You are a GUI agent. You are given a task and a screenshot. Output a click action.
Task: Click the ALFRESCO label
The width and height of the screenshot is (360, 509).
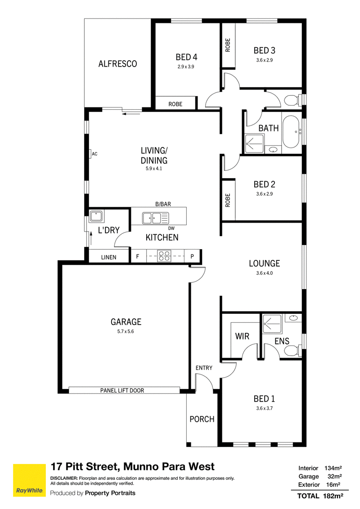[x=117, y=64]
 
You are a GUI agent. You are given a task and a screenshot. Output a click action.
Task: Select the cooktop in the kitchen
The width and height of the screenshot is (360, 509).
[x=164, y=256]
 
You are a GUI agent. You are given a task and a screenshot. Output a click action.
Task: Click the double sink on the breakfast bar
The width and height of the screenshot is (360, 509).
[x=155, y=218]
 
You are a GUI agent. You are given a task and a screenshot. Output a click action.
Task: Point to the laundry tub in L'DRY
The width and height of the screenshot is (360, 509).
[x=96, y=216]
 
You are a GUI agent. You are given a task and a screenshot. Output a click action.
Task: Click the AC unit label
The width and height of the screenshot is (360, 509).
[x=94, y=154]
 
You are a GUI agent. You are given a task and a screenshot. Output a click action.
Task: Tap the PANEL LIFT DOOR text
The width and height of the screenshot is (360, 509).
[x=122, y=390]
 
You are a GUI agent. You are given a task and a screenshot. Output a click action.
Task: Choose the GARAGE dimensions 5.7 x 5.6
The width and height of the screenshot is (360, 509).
[x=126, y=331]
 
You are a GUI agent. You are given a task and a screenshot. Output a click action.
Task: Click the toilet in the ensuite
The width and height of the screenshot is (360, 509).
[x=293, y=351]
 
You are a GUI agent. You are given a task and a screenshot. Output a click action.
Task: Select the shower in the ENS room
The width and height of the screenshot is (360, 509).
[x=271, y=324]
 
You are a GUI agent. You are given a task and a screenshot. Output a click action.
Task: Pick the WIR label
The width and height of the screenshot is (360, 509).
[x=242, y=336]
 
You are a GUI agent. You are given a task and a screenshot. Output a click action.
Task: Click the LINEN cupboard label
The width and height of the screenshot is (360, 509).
[x=108, y=257]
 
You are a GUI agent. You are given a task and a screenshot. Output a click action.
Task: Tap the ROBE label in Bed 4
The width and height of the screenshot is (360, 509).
[x=175, y=104]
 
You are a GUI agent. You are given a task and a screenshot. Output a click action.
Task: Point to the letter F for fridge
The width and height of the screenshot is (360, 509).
[x=137, y=256]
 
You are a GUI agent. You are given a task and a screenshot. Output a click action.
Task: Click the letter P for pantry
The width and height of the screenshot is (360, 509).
[x=192, y=256]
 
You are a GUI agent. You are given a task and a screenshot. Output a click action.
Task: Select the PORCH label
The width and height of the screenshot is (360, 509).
[x=202, y=419]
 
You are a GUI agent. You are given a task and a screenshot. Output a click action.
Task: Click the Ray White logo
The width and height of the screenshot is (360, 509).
[x=29, y=480]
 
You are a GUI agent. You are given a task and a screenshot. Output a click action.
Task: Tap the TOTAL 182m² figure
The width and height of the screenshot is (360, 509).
[x=320, y=496]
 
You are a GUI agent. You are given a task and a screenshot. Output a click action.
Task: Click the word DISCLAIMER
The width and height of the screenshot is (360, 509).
[x=64, y=478]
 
